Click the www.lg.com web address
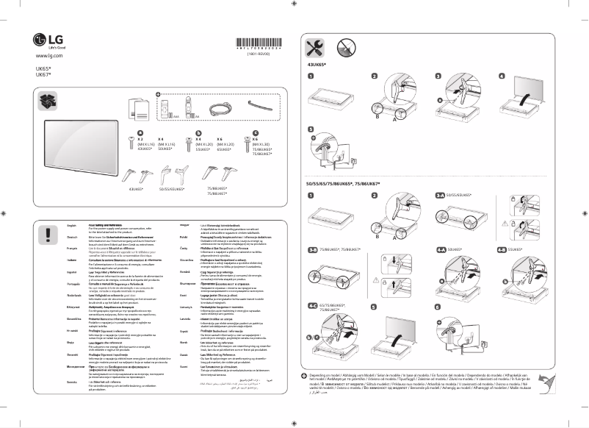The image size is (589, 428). click(x=44, y=56)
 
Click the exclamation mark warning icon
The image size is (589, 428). click(x=49, y=234)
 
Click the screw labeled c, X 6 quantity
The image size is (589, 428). click(x=256, y=132)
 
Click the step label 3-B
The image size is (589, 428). click(x=313, y=250)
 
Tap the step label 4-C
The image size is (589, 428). click(x=313, y=304)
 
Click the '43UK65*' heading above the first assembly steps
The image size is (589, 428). click(x=317, y=65)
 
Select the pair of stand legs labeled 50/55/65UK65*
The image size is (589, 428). click(x=173, y=176)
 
